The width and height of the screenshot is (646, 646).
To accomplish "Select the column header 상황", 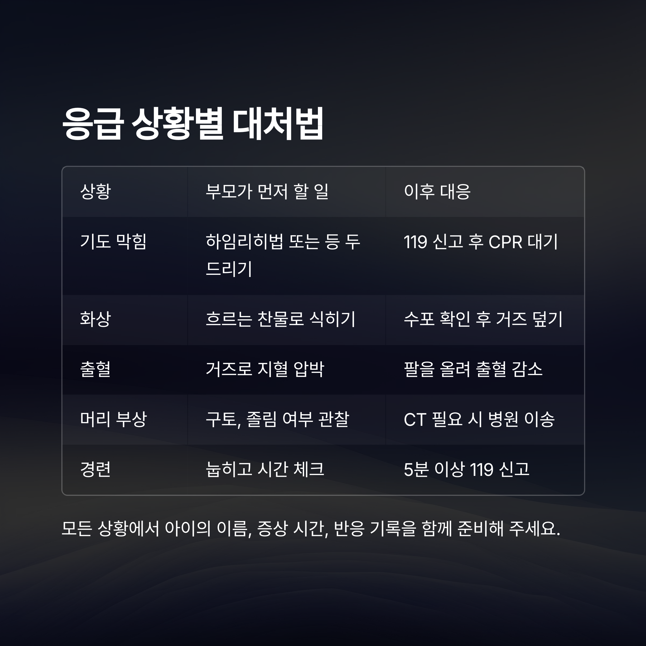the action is coord(95,192).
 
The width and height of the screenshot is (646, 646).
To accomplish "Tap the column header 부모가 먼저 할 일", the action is coord(267,192).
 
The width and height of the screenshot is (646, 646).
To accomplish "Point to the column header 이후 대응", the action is coord(437,192).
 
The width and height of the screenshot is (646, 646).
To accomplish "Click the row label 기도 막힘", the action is coord(113,241).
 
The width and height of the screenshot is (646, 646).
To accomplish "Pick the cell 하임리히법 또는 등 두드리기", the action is coord(283,255).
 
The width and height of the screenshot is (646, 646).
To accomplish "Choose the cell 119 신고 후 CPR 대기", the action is coord(480,241).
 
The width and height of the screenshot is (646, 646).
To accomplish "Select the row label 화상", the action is coord(95,319).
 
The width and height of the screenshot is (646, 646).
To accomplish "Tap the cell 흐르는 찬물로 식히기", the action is coord(280,319).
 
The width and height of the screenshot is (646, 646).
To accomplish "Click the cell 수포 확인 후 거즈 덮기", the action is coord(483,319).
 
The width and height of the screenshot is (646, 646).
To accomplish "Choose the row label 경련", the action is coord(95,469).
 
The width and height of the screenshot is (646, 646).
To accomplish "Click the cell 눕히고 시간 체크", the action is coord(265,469).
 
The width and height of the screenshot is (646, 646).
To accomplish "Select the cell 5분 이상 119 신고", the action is coord(466,469).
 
